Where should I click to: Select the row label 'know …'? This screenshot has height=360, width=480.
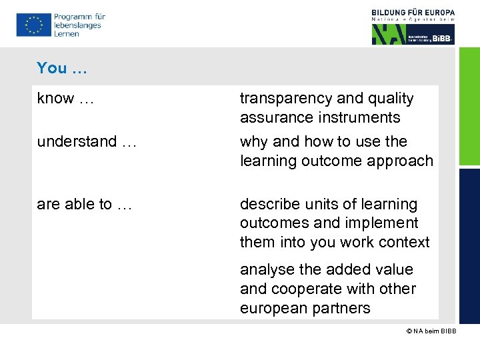(x=65, y=99)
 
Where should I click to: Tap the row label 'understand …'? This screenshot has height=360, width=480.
(x=86, y=142)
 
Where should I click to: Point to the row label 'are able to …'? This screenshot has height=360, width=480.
(x=85, y=205)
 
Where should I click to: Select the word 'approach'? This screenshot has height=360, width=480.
(x=403, y=161)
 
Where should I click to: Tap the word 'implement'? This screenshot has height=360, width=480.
(x=383, y=223)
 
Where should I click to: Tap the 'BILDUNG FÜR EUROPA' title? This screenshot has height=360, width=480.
(x=413, y=12)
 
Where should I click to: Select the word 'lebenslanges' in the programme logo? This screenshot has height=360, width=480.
(x=77, y=25)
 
